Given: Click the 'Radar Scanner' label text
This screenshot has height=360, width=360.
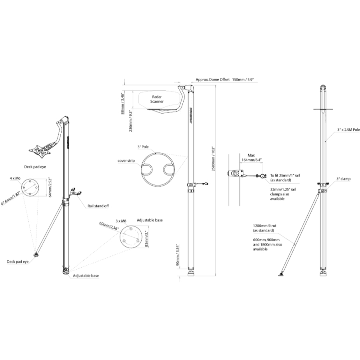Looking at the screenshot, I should [157, 99].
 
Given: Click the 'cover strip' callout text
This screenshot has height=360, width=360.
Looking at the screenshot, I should [126, 161].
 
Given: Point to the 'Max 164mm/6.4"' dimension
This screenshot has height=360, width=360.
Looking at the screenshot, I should [251, 158].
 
